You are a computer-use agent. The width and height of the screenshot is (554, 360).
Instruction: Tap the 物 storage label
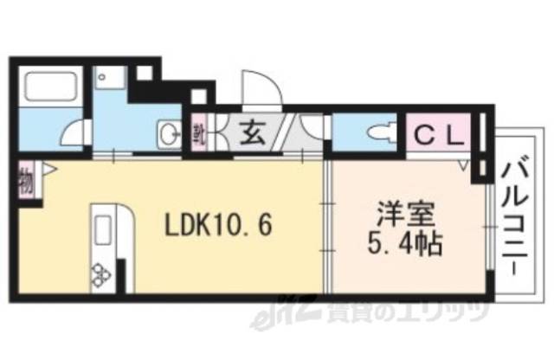[x=25, y=183]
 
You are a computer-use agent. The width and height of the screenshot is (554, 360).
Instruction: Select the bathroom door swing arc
[x=80, y=136]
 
